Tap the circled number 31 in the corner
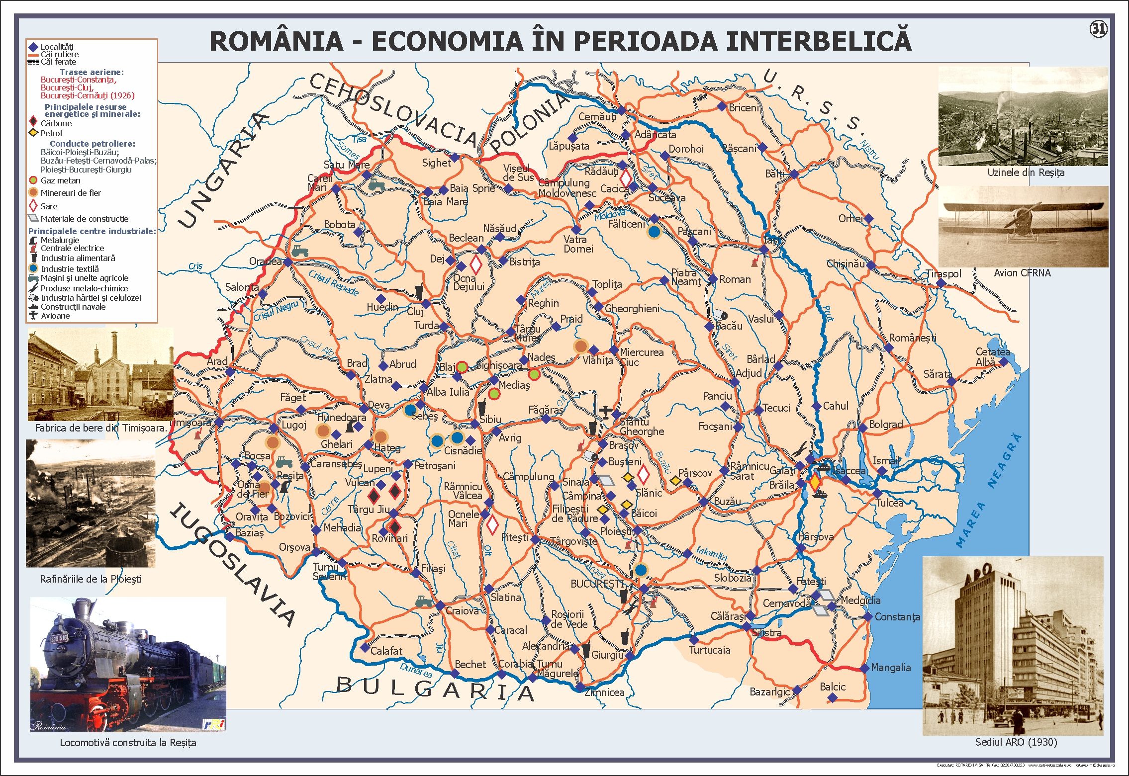coord(1098,29)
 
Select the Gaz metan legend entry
coord(60,181)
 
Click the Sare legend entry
coord(49,206)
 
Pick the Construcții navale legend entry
coord(73,307)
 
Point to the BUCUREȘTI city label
coord(597,584)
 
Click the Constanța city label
coord(897,617)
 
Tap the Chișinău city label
coord(846,264)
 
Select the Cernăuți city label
coord(597,117)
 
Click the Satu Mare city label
coord(347,165)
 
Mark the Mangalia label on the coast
coord(891,668)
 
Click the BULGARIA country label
coord(435,689)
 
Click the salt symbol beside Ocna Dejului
coord(476,264)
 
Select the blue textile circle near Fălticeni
coord(654,231)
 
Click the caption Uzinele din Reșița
coord(1026,173)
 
